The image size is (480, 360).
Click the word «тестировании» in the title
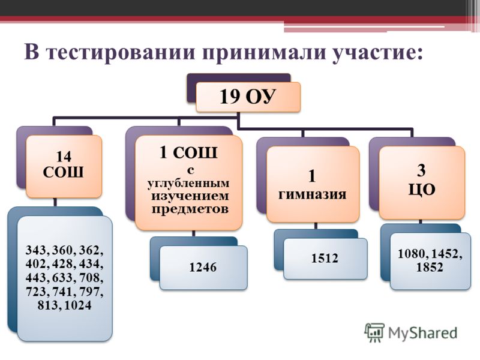tap(122, 52)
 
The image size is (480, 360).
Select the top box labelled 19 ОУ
tap(248, 97)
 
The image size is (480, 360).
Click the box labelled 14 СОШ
tap(64, 166)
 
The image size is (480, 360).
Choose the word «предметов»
tap(190, 209)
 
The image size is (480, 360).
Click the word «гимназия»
tap(312, 194)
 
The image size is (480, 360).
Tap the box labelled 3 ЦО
tap(422, 183)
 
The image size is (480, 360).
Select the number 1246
tap(203, 267)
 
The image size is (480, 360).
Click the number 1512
tap(325, 258)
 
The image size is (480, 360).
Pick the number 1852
tap(430, 267)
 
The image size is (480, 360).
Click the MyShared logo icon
tap(374, 332)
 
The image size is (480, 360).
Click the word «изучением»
tap(190, 196)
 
